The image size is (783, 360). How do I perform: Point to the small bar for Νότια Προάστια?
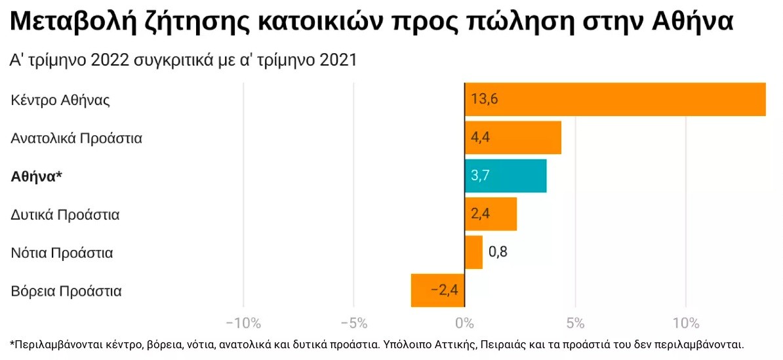473,252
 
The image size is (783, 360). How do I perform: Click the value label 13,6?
485,100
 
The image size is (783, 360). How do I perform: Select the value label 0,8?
498,252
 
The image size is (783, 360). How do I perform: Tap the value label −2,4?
444,290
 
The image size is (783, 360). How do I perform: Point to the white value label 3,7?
481,176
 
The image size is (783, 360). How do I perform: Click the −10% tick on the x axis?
243,323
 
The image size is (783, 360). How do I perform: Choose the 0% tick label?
464,323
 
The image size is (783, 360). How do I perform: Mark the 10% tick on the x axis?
685,323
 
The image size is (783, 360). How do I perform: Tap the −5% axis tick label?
353,323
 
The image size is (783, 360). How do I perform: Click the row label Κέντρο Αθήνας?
60,100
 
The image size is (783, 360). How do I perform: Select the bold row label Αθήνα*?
37,176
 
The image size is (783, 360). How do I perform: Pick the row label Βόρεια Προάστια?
66,290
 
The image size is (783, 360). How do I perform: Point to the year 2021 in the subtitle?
338,60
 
